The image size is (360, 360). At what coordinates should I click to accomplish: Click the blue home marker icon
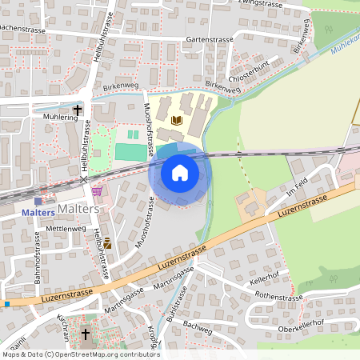pyautogui.click(x=179, y=172)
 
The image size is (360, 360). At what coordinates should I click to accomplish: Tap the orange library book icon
pyautogui.click(x=177, y=120)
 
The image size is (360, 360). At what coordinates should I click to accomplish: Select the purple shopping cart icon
pyautogui.click(x=98, y=191)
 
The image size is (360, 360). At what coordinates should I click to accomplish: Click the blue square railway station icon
pyautogui.click(x=37, y=201)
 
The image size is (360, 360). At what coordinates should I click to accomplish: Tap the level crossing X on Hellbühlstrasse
pyautogui.click(x=84, y=180)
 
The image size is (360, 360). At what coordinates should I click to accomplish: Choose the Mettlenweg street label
pyautogui.click(x=66, y=228)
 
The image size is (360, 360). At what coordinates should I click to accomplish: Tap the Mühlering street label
pyautogui.click(x=61, y=117)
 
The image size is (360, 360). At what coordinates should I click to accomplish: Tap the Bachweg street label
pyautogui.click(x=196, y=326)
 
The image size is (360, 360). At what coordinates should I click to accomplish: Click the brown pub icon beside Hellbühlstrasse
pyautogui.click(x=106, y=241)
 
